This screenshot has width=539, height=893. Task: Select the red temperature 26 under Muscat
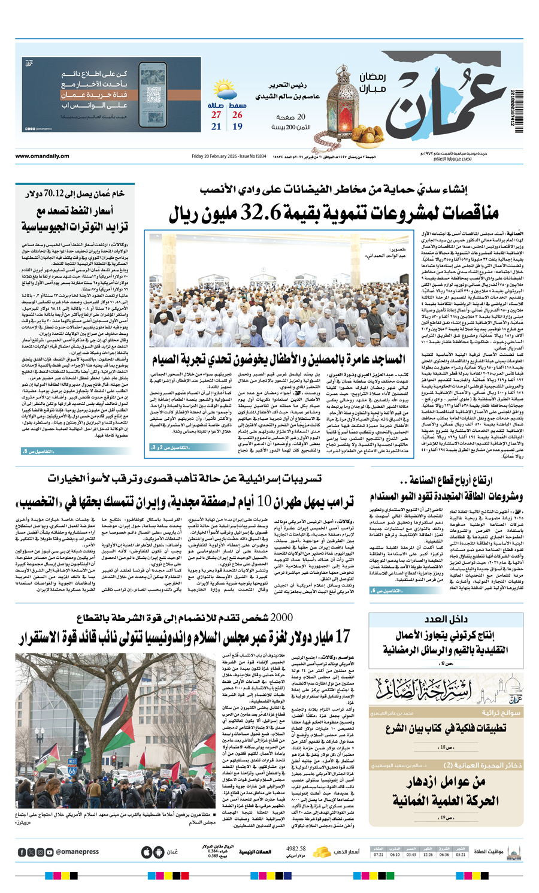coord(237,115)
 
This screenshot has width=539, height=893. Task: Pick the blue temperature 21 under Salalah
coord(216,127)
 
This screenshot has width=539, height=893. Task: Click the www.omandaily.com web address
coord(42,156)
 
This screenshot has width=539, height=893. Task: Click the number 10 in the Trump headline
coord(265,501)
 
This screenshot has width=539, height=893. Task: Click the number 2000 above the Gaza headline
coord(281,617)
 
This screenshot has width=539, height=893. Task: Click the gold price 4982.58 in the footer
coord(296,849)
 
